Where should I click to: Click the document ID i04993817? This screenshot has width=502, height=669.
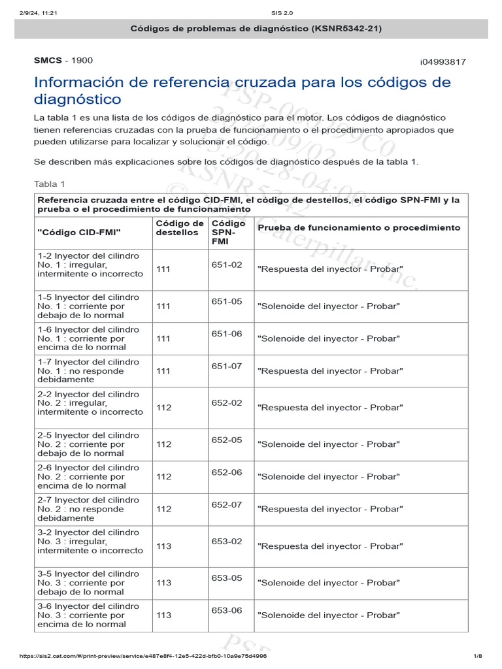443,61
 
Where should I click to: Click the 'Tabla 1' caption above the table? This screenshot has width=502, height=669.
49,184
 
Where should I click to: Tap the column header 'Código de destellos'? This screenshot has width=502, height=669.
180,228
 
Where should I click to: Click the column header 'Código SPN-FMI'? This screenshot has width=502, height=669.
228,233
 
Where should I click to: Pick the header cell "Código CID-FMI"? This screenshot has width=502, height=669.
79,232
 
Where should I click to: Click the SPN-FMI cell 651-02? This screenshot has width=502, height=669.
227,265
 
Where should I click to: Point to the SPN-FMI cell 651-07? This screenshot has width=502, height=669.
227,366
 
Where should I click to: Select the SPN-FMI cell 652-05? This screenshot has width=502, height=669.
227,440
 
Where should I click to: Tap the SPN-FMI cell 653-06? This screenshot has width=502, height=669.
227,610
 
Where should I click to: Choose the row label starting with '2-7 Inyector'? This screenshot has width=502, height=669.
88,508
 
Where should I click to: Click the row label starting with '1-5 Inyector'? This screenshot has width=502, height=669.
88,306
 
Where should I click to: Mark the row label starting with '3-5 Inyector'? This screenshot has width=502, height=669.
88,583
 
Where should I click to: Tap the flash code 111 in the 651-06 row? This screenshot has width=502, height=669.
163,338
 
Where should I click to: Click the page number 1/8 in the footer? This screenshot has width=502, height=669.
477,655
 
